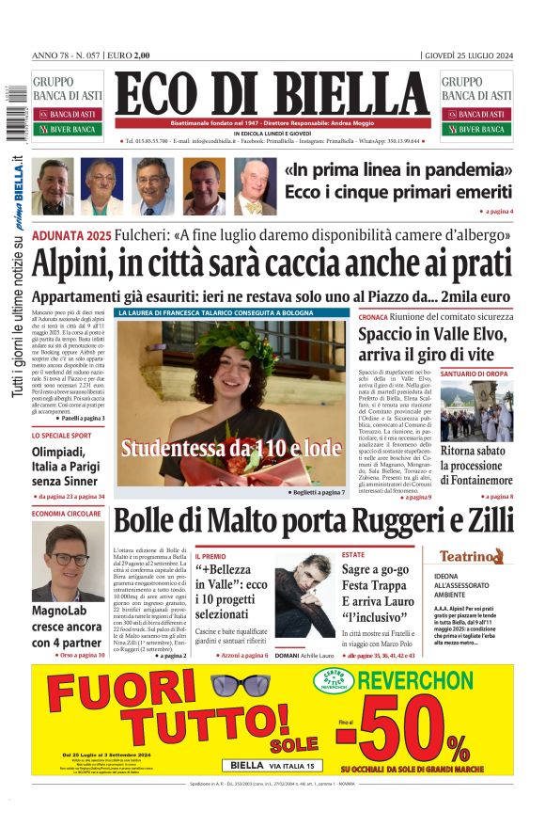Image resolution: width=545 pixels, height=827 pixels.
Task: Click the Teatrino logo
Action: (478, 557)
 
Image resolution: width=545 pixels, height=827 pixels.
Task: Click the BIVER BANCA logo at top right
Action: (475, 129)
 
